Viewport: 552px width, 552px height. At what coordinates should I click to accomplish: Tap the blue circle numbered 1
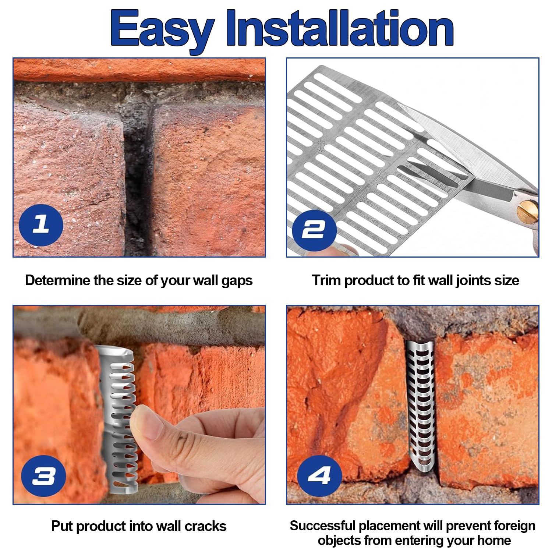coord(41,225)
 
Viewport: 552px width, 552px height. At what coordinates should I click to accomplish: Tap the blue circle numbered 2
coord(314,230)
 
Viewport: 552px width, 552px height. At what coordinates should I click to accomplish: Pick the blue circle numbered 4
coord(319,475)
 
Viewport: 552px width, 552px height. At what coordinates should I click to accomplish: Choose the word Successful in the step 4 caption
coord(323,526)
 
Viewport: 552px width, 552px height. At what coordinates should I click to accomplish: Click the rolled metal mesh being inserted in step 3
coord(117,420)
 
